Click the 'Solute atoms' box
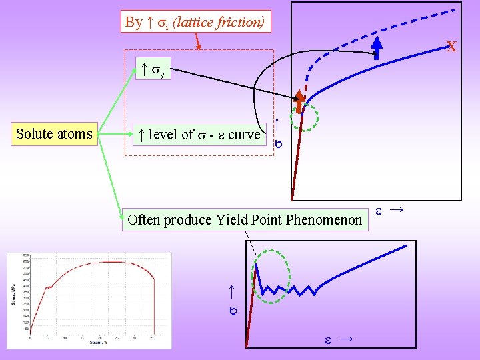(x=54, y=134)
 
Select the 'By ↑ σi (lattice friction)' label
(x=195, y=22)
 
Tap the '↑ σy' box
(x=153, y=69)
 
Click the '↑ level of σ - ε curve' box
(x=197, y=134)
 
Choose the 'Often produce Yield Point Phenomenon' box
(x=245, y=219)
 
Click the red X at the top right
(x=451, y=47)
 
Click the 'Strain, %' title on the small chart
(x=98, y=343)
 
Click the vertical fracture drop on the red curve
(x=154, y=307)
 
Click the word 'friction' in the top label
(x=244, y=22)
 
